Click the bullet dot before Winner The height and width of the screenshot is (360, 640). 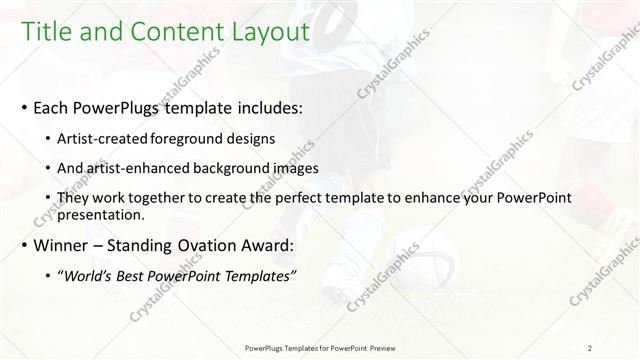click(23, 245)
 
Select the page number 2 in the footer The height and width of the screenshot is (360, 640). click(589, 348)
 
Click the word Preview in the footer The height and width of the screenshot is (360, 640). click(378, 348)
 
